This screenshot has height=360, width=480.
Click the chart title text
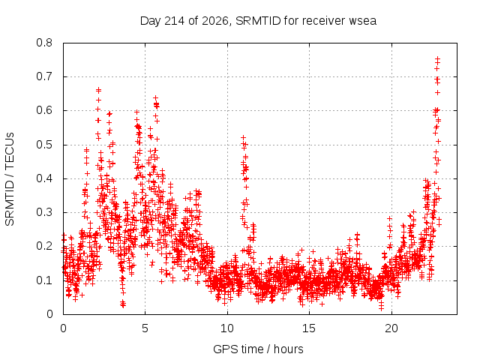pyautogui.click(x=258, y=21)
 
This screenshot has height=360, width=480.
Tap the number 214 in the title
pyautogui.click(x=174, y=21)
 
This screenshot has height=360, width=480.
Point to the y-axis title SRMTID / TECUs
pyautogui.click(x=10, y=179)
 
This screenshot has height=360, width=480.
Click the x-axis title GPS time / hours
pyautogui.click(x=258, y=349)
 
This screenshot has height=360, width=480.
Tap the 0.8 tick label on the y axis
pyautogui.click(x=44, y=43)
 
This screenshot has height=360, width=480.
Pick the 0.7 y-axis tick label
pyautogui.click(x=44, y=76)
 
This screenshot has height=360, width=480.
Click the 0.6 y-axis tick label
pyautogui.click(x=44, y=110)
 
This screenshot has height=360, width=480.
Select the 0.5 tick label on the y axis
pyautogui.click(x=44, y=145)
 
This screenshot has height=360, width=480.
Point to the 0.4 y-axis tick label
pyautogui.click(x=44, y=178)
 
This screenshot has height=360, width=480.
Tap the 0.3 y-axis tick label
pyautogui.click(x=44, y=212)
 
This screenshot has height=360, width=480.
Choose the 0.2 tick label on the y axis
pyautogui.click(x=44, y=246)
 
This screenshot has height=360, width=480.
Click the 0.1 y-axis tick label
pyautogui.click(x=44, y=280)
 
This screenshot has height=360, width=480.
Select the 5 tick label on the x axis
pyautogui.click(x=145, y=328)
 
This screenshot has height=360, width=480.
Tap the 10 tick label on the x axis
pyautogui.click(x=227, y=328)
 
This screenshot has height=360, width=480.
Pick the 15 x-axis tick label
pyautogui.click(x=309, y=328)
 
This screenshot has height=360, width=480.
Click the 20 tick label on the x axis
pyautogui.click(x=391, y=328)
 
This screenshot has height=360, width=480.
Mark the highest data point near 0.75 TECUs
pyautogui.click(x=438, y=58)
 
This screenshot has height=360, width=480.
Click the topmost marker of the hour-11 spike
pyautogui.click(x=243, y=137)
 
